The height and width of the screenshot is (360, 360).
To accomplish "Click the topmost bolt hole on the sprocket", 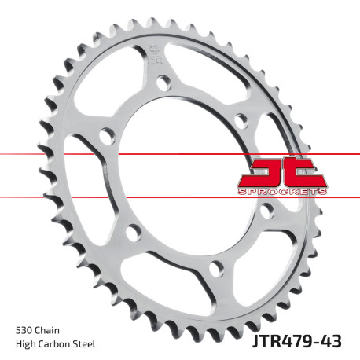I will click(163, 81).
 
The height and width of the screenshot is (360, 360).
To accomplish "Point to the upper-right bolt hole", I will click(241, 119).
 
